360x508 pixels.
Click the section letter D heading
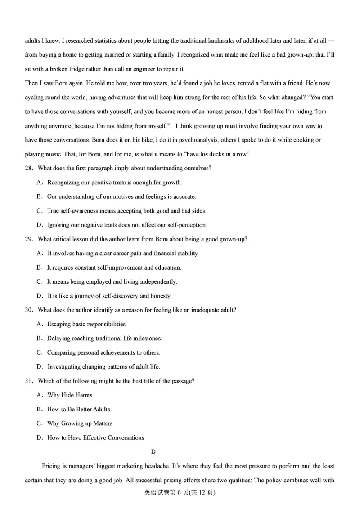[x=153, y=451]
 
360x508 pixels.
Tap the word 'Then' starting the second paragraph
[x=31, y=83]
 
